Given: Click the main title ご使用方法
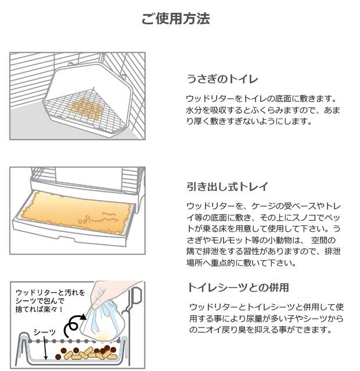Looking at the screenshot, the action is point(175,19).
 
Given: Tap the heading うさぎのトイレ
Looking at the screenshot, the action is point(222,79).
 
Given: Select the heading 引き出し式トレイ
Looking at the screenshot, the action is point(227,186).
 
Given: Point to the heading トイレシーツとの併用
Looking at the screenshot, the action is point(238,287).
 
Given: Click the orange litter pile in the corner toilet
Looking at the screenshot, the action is point(85,109).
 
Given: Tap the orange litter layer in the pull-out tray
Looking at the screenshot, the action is point(75,212).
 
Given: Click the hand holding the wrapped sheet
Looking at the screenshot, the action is point(111,293).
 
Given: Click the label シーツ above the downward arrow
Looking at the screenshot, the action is point(44,332).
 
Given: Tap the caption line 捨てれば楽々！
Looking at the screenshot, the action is point(39,309).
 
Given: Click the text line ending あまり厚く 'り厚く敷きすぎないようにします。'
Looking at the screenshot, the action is point(249,121).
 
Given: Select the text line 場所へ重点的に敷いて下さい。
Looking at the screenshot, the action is point(242,262).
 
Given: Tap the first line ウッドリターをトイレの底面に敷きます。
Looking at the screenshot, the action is point(261,99).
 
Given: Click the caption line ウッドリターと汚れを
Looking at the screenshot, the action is point(50,293).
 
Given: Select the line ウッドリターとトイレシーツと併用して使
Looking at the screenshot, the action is point(267,307).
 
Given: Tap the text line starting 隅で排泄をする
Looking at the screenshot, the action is point(264,251).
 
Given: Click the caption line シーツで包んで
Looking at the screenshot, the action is point(39,301).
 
